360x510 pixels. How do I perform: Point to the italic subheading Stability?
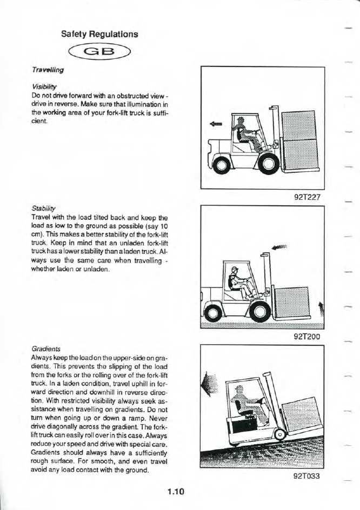click(42, 206)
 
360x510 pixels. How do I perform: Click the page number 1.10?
click(176, 492)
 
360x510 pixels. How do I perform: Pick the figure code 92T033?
click(308, 477)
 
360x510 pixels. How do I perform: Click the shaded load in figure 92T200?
click(292, 300)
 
